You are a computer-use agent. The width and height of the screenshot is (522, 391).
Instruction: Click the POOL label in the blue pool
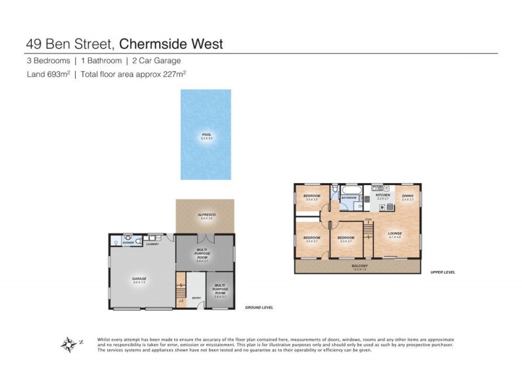tap(206, 135)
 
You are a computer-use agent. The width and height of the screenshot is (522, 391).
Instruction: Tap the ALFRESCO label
tap(206, 214)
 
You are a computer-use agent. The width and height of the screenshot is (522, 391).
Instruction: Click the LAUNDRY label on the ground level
tap(152, 244)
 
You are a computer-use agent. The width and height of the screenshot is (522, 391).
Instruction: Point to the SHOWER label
tap(127, 244)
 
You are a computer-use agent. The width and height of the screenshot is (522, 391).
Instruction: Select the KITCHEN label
tap(383, 195)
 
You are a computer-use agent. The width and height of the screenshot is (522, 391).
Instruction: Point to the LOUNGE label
tap(395, 233)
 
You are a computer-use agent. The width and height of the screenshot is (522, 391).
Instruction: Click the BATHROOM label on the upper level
tap(348, 197)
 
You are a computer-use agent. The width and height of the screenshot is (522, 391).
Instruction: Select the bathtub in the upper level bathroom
tap(350, 190)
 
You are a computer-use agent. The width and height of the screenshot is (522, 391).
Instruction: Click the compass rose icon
tap(69, 343)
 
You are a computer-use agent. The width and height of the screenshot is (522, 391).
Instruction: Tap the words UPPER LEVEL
tap(442, 272)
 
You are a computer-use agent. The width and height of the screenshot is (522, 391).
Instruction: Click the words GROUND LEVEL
tap(259, 307)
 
